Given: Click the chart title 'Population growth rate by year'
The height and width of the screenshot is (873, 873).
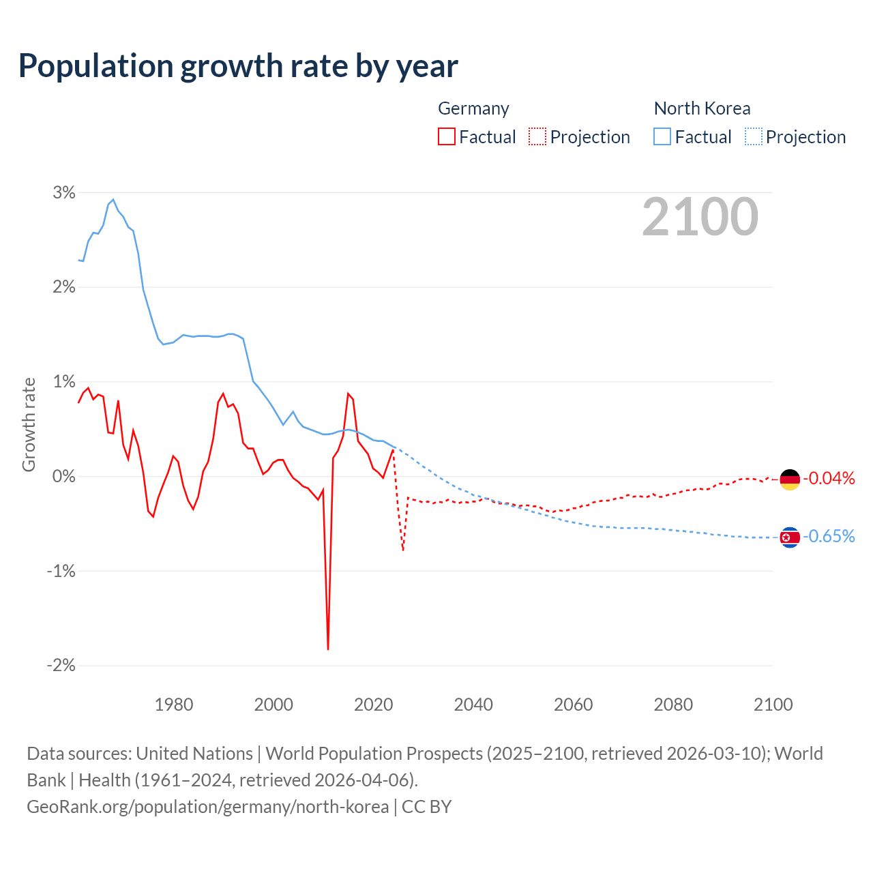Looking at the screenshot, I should pyautogui.click(x=238, y=66).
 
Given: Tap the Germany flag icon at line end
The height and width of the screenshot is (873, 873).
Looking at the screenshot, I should pyautogui.click(x=790, y=479).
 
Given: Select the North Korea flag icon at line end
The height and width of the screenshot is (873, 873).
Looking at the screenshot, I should pyautogui.click(x=790, y=537).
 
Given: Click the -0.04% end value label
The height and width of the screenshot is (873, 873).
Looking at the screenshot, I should pyautogui.click(x=829, y=478).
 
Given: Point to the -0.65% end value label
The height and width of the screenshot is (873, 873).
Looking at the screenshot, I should pyautogui.click(x=829, y=536).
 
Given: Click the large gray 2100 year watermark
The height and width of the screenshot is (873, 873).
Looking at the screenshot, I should pyautogui.click(x=700, y=217).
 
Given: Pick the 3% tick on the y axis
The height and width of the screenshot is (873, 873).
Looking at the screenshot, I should pyautogui.click(x=64, y=192).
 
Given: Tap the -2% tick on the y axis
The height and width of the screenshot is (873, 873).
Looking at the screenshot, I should pyautogui.click(x=61, y=665).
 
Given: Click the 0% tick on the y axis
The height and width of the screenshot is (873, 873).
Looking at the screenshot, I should pyautogui.click(x=64, y=476).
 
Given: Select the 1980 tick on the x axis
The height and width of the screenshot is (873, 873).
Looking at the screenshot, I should pyautogui.click(x=174, y=705).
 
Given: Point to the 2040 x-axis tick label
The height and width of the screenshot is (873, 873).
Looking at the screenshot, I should pyautogui.click(x=473, y=705).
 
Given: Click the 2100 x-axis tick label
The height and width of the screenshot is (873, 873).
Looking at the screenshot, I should pyautogui.click(x=773, y=705).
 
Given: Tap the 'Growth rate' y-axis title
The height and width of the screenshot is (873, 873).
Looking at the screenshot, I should pyautogui.click(x=29, y=424).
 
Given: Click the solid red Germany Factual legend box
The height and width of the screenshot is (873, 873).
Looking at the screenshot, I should pyautogui.click(x=447, y=136).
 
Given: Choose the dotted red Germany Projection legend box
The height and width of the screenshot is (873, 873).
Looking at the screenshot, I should pyautogui.click(x=537, y=136).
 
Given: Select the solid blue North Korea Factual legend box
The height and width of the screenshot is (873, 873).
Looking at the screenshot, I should pyautogui.click(x=662, y=136).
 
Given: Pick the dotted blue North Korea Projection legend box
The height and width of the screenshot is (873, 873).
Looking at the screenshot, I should pyautogui.click(x=753, y=136).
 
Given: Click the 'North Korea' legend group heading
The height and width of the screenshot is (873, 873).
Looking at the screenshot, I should pyautogui.click(x=702, y=108).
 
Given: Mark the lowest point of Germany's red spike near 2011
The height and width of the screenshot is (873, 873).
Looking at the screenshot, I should pyautogui.click(x=328, y=649).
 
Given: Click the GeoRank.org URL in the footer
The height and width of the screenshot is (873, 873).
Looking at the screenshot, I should pyautogui.click(x=207, y=806).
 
